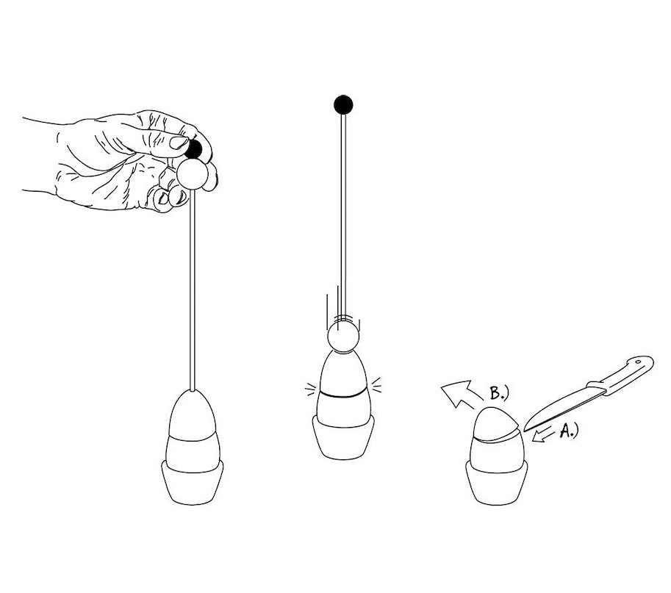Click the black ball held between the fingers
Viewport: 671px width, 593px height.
click(194, 149)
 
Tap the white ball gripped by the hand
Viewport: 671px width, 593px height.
click(193, 173)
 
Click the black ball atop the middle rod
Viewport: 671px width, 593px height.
click(343, 104)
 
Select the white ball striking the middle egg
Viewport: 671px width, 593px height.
click(343, 337)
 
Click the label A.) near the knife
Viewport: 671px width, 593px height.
click(569, 430)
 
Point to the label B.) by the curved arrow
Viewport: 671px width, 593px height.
click(499, 393)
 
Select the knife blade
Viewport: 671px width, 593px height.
click(561, 407)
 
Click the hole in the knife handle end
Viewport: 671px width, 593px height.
click(638, 362)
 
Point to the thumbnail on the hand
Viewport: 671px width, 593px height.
click(179, 142)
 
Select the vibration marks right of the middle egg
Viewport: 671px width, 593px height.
click(376, 384)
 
